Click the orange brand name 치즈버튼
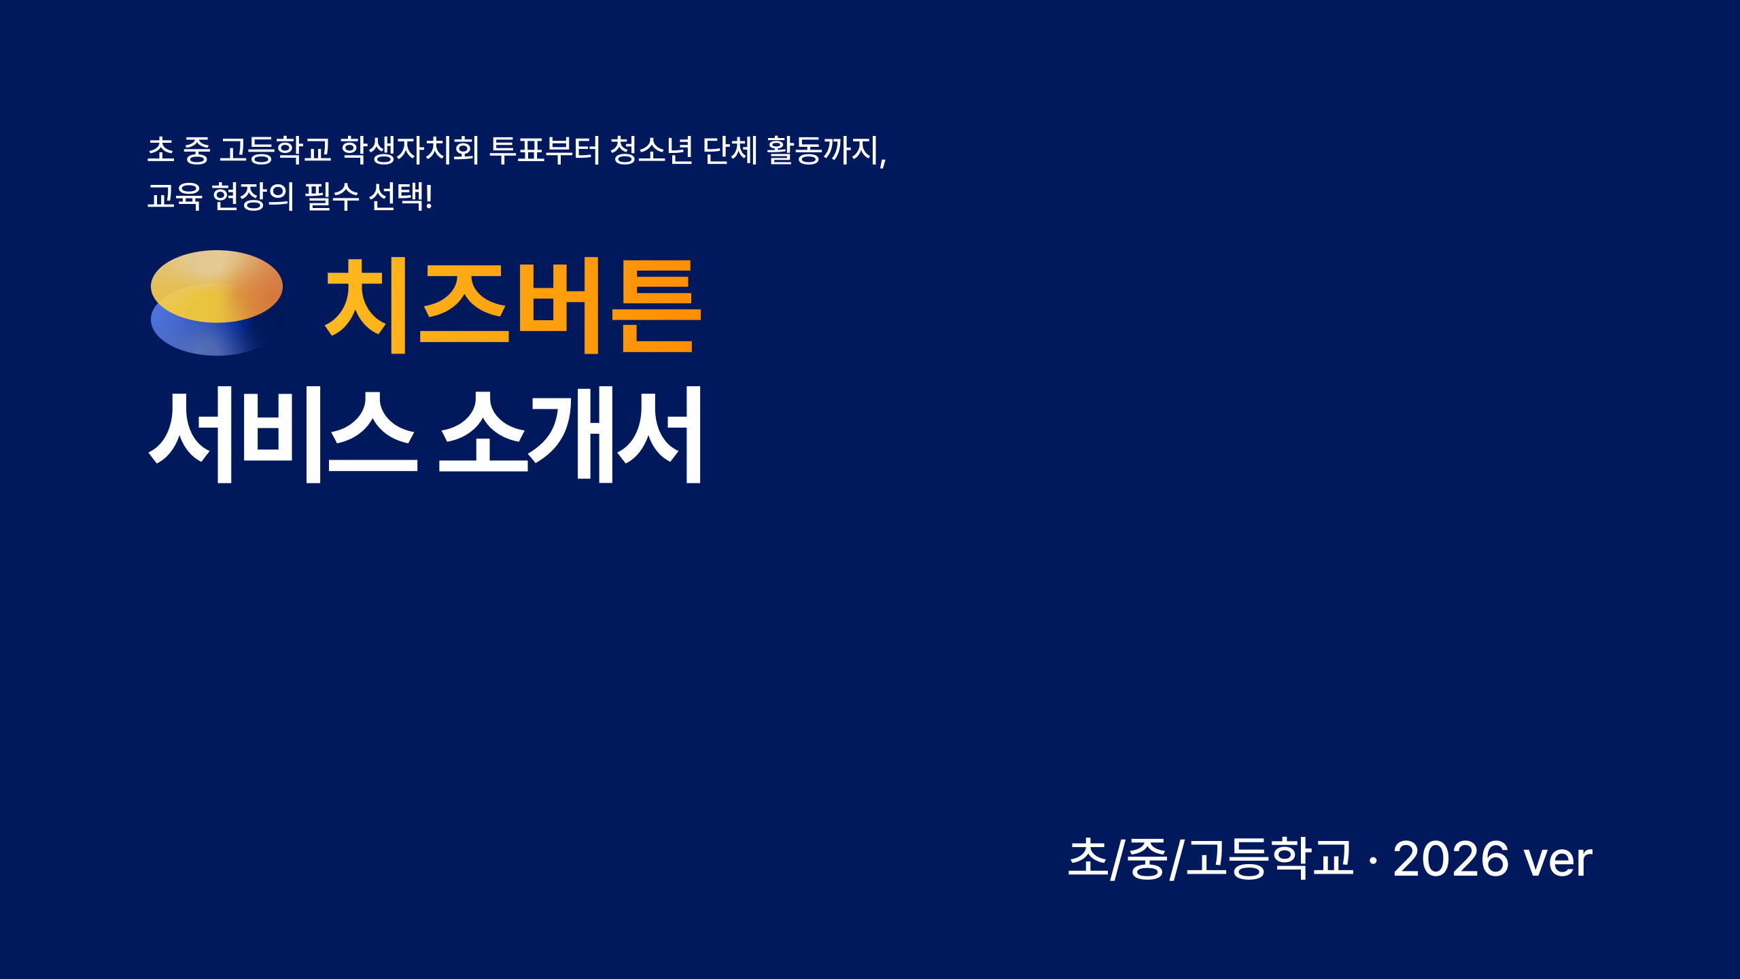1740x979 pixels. click(512, 306)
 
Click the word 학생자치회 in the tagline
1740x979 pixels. click(410, 150)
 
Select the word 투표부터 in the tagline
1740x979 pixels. click(545, 150)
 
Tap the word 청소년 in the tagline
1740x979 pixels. click(651, 150)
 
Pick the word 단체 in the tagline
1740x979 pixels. click(729, 150)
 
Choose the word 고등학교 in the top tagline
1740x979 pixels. click(275, 150)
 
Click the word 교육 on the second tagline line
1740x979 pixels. click(175, 196)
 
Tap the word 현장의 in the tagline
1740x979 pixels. click(253, 196)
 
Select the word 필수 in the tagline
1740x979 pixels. click(332, 196)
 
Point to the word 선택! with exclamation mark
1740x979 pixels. click(400, 196)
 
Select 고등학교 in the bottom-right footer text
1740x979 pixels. click(1269, 858)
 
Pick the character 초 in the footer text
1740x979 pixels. click(1088, 858)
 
